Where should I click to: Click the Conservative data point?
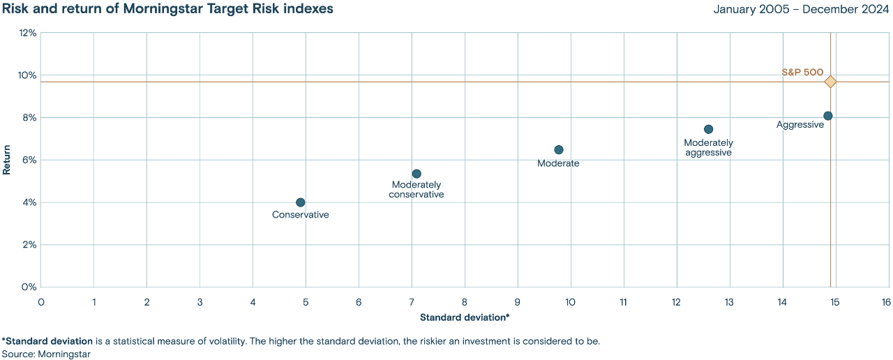pyautogui.click(x=300, y=202)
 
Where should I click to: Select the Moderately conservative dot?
pyautogui.click(x=417, y=174)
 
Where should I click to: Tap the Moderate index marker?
pyautogui.click(x=558, y=150)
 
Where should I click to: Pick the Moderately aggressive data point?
pyautogui.click(x=708, y=129)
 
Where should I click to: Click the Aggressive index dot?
pyautogui.click(x=827, y=116)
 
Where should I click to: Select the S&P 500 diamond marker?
pyautogui.click(x=830, y=82)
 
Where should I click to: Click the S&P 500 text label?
pyautogui.click(x=802, y=72)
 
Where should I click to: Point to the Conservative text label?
pyautogui.click(x=300, y=215)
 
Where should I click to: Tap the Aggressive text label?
pyautogui.click(x=800, y=124)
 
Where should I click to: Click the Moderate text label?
pyautogui.click(x=558, y=163)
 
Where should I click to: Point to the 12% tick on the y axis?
pyautogui.click(x=28, y=33)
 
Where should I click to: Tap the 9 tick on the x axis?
pyautogui.click(x=518, y=301)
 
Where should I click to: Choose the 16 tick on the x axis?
pyautogui.click(x=885, y=301)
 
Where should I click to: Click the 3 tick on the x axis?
pyautogui.click(x=200, y=301)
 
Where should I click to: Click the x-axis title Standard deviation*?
pyautogui.click(x=465, y=317)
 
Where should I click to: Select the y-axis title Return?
pyautogui.click(x=6, y=159)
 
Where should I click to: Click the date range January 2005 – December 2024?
pyautogui.click(x=802, y=9)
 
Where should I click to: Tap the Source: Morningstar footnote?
pyautogui.click(x=46, y=354)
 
